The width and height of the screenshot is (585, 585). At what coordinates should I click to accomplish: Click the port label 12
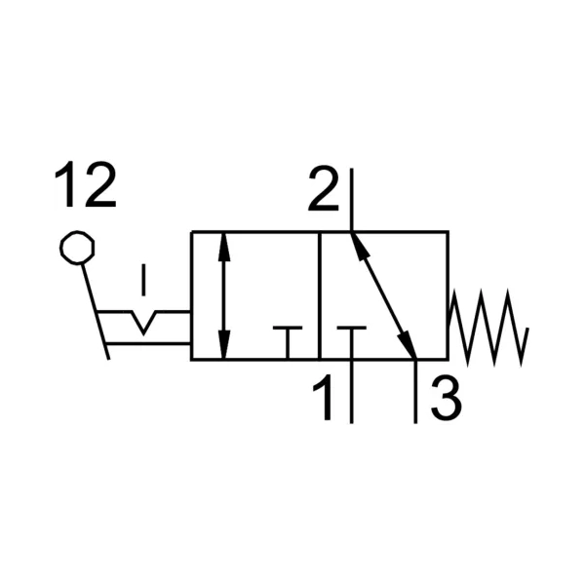86,185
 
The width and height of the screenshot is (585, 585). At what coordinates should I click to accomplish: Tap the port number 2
324,188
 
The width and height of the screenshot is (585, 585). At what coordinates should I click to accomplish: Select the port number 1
324,398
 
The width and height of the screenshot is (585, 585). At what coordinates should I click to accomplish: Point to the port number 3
447,398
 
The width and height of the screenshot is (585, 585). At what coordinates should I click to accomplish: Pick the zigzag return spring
488,328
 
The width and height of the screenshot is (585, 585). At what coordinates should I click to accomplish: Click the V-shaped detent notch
143,322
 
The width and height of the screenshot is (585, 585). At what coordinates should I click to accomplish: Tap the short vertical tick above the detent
143,280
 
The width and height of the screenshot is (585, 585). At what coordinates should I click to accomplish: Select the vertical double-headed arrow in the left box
223,295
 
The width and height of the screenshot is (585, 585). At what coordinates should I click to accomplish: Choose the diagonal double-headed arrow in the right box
383,295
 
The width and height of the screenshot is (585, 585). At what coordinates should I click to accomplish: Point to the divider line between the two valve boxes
320,295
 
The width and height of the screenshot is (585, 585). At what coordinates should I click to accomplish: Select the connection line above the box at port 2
351,200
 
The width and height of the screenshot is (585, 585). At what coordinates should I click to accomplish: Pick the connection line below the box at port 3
415,392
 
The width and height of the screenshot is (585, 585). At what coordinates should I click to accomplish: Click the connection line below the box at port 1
351,392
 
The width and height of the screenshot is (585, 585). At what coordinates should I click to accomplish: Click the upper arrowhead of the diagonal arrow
359,247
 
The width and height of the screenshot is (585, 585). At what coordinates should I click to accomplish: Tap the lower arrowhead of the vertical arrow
223,345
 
